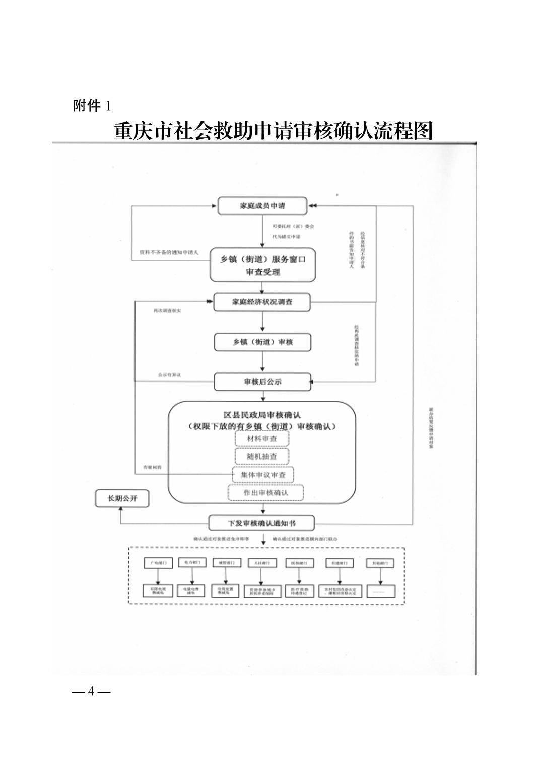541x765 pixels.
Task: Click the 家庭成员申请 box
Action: [x=262, y=206]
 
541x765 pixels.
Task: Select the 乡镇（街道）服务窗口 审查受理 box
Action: [x=262, y=265]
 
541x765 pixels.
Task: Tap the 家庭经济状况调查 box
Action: [x=262, y=302]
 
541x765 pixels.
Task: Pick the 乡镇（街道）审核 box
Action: [x=262, y=342]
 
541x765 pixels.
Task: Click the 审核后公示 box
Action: [x=262, y=382]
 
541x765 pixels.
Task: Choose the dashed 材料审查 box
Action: [x=262, y=439]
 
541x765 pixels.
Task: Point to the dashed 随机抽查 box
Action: [x=262, y=456]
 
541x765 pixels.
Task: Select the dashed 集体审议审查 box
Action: [x=262, y=475]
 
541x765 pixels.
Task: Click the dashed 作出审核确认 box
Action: [x=266, y=493]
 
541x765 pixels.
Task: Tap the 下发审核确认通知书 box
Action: [x=261, y=523]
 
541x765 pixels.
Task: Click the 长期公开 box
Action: [x=122, y=499]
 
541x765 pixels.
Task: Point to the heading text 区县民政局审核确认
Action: [x=262, y=415]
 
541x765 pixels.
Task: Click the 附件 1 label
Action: [x=92, y=106]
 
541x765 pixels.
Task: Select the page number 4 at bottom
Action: [x=91, y=691]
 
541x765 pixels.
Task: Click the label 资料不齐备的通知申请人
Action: [x=169, y=252]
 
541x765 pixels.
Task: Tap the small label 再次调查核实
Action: [x=167, y=311]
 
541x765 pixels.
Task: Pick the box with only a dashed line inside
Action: [x=381, y=592]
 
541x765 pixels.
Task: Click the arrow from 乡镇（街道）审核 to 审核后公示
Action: [x=262, y=362]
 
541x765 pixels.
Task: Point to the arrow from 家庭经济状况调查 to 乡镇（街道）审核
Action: [x=262, y=322]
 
